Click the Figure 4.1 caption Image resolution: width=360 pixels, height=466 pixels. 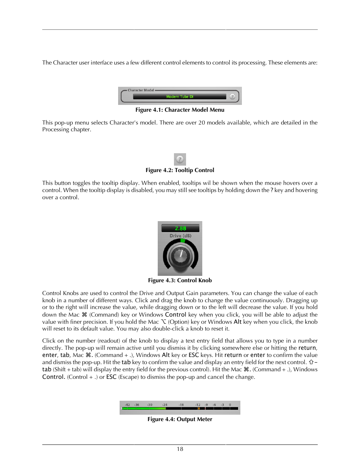tap(180, 110)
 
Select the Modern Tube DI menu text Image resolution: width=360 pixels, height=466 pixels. tap(180, 97)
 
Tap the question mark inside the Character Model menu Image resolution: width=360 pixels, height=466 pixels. tap(232, 97)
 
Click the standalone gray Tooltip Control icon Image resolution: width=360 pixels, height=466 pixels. tap(180, 159)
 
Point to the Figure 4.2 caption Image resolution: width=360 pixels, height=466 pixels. tap(180, 170)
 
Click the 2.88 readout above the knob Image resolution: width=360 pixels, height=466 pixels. tap(180, 228)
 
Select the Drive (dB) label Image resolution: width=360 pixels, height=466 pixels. tap(180, 236)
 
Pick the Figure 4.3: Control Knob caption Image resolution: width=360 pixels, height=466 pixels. tap(180, 280)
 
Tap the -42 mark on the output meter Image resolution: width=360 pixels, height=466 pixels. tap(127, 404)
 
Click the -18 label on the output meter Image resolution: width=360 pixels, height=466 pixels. tap(181, 404)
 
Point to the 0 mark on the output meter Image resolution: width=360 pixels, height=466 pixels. tap(230, 404)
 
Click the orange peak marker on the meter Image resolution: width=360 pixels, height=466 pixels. tap(199, 408)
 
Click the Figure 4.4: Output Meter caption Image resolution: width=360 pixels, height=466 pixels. tap(180, 419)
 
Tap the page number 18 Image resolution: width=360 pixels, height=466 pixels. tap(180, 449)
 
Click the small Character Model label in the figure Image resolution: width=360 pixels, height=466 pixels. tap(141, 90)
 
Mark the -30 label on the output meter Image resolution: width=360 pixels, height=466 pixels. tap(150, 404)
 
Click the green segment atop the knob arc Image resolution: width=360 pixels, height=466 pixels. tap(183, 240)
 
